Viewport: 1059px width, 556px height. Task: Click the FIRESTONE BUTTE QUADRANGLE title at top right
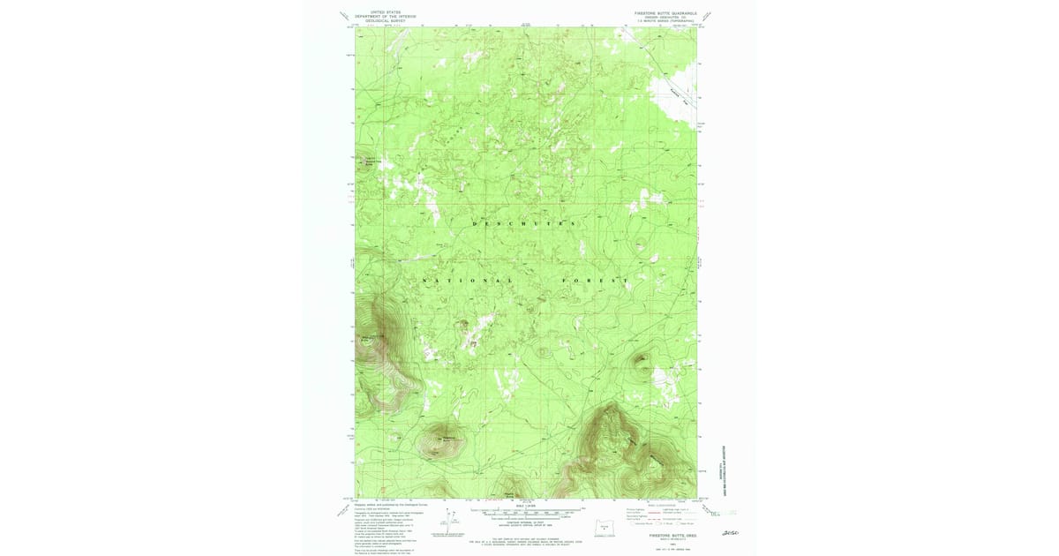tap(665, 14)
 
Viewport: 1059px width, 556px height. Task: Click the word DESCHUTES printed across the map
tap(525, 224)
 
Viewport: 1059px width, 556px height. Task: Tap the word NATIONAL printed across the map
tap(469, 281)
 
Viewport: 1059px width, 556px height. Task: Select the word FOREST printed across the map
tap(597, 281)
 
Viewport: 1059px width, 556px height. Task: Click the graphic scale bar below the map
tap(528, 511)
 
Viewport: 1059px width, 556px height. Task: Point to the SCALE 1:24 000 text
tap(527, 506)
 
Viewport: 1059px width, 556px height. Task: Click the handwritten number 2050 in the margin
tap(730, 533)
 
